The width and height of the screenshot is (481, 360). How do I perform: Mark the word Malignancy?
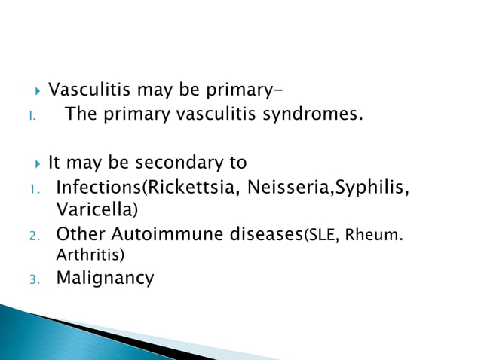[106, 279]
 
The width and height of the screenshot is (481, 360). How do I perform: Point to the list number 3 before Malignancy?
[33, 280]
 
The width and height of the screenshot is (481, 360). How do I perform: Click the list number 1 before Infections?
[33, 188]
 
